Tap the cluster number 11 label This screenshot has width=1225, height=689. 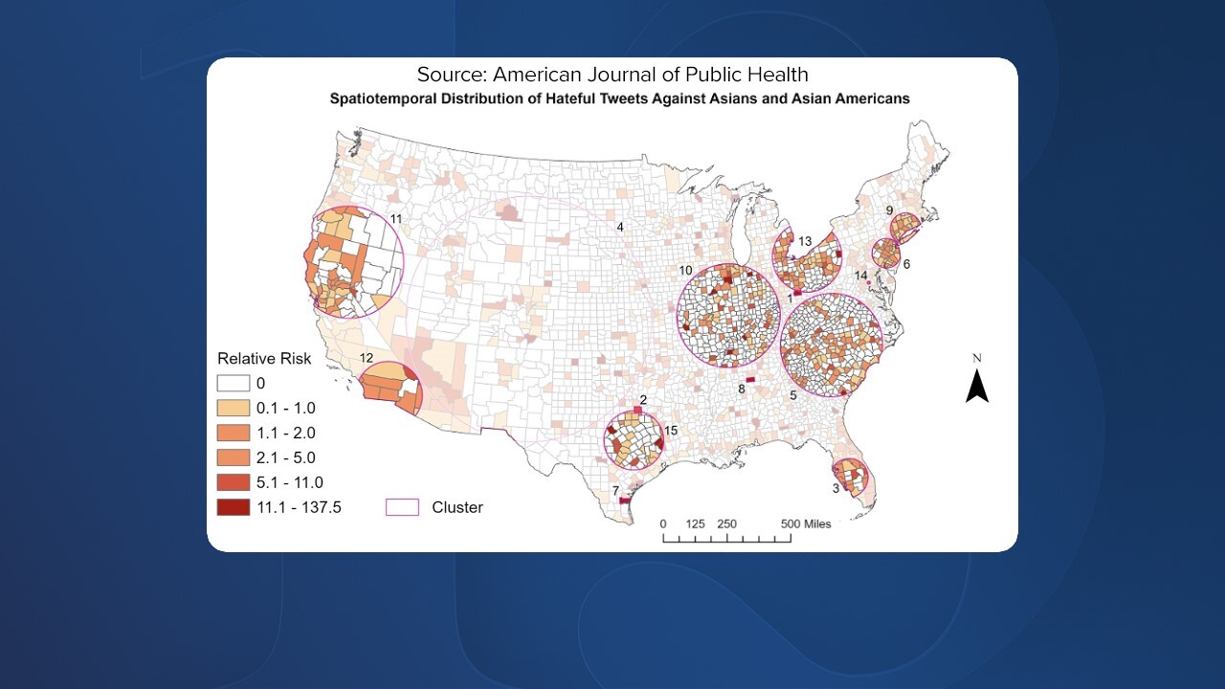[x=395, y=219]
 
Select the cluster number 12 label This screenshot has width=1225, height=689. [x=366, y=357]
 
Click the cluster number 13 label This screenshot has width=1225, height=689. [x=805, y=240]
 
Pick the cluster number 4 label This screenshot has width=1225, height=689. [x=620, y=227]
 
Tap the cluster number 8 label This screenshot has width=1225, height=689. [x=741, y=389]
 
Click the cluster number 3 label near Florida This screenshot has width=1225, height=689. [x=835, y=488]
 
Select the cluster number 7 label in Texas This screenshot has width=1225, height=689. [x=615, y=491]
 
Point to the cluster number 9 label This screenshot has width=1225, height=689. [x=889, y=211]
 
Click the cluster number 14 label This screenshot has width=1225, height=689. [x=861, y=276]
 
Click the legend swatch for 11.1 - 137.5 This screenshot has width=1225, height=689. [x=234, y=508]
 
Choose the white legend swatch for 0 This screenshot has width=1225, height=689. [x=234, y=384]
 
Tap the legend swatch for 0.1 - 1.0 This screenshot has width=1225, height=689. [x=234, y=409]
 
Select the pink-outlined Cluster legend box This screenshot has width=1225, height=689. [x=402, y=508]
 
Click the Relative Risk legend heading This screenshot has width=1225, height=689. [x=263, y=359]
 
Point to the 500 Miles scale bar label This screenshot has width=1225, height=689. [x=806, y=523]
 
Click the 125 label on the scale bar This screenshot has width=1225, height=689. [x=696, y=523]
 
